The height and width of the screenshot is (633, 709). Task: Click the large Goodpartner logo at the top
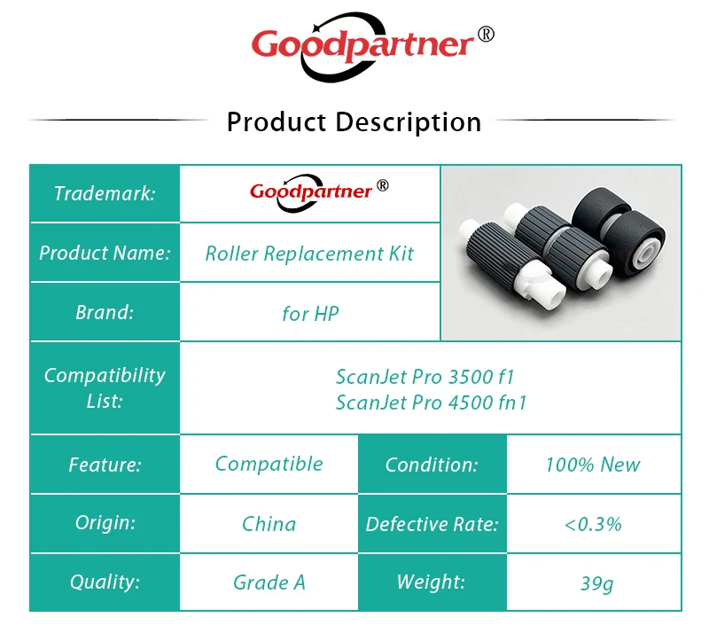(x=371, y=46)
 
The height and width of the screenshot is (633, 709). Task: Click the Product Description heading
(x=354, y=122)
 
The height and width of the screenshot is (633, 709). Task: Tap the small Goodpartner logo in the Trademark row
(x=319, y=192)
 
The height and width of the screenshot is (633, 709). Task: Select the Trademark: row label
(x=105, y=193)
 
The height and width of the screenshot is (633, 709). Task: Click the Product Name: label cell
(x=105, y=253)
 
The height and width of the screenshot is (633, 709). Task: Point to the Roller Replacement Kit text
(x=309, y=254)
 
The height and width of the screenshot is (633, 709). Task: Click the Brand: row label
(x=105, y=312)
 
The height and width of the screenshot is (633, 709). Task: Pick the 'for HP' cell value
(x=310, y=314)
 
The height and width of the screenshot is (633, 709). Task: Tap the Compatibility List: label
(x=105, y=387)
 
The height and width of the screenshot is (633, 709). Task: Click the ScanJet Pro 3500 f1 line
(x=425, y=377)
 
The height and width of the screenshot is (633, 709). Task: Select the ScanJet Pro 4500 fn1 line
(x=431, y=402)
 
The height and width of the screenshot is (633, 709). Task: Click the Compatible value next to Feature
(x=269, y=464)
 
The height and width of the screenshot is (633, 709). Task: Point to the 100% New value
(x=593, y=465)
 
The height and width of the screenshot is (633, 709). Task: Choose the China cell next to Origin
(x=269, y=524)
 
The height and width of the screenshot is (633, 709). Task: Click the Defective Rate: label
(x=432, y=524)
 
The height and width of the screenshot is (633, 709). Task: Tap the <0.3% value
(x=593, y=525)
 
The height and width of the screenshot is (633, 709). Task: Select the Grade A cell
(x=269, y=582)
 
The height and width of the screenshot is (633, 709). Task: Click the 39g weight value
(x=596, y=583)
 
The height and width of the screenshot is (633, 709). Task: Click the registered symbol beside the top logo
(x=486, y=35)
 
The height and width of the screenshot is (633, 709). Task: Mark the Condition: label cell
(x=432, y=465)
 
